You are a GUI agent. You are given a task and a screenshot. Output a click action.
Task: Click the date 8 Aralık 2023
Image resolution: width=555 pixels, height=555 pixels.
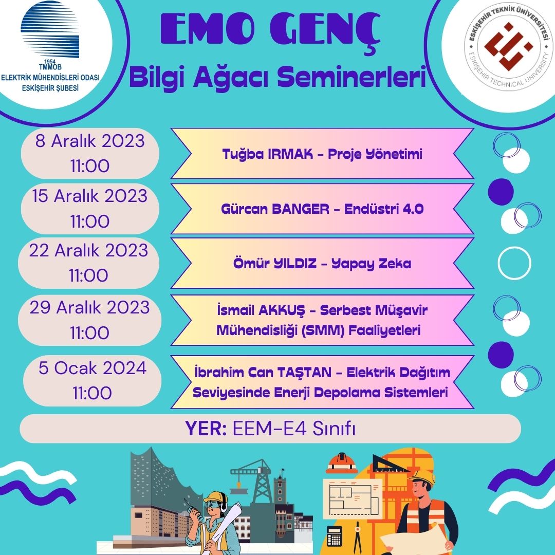coord(90,141)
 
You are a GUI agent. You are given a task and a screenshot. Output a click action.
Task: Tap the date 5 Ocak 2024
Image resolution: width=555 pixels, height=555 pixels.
coord(92,368)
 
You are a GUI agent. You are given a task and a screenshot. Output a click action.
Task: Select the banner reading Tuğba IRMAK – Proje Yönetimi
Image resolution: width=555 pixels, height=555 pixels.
coord(322,154)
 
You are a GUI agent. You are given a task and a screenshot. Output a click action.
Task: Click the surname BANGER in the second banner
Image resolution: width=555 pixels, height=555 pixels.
coord(301,209)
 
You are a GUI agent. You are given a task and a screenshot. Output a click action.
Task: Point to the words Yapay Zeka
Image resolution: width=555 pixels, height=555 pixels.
coord(372,264)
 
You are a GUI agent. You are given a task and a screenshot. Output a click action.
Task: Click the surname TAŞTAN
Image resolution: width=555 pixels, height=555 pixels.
coord(304,373)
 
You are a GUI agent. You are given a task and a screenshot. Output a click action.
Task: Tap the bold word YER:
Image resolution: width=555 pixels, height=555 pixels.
coord(206,428)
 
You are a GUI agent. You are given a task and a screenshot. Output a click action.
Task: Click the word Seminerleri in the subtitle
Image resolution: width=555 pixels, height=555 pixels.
coord(351,78)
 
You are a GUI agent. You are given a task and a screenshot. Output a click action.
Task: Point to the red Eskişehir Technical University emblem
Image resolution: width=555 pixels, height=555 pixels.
coord(509,46)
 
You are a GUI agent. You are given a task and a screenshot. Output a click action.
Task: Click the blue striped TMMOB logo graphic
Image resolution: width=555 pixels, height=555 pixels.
coord(49,29)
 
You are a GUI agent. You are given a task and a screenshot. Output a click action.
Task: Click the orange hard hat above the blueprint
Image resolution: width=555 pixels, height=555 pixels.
coord(342,462)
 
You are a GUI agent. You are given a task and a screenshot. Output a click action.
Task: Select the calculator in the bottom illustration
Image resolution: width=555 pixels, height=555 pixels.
coord(335,536)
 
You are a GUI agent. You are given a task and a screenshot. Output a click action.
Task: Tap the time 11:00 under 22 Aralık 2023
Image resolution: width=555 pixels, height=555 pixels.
coord(88,275)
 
